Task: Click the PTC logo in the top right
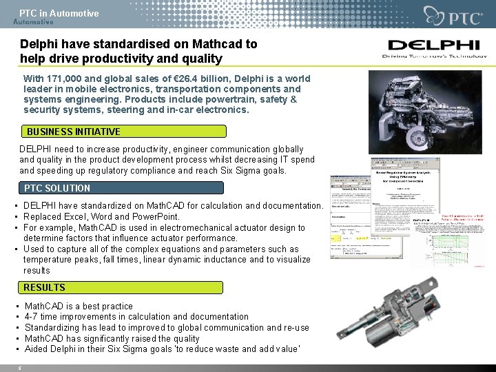(455, 16)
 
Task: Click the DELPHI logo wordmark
(433, 46)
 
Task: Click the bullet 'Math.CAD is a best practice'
(79, 306)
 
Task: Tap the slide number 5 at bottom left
(20, 368)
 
